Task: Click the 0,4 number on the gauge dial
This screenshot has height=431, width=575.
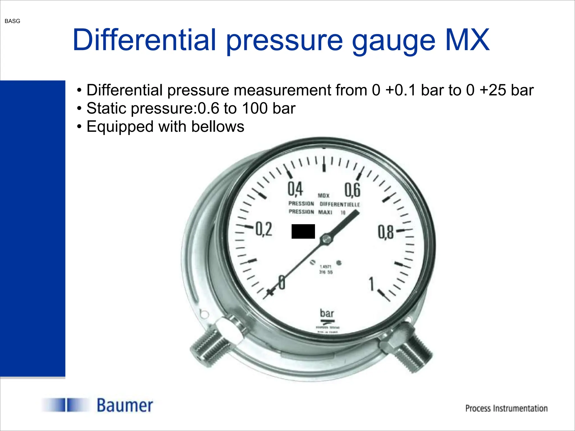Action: pyautogui.click(x=295, y=189)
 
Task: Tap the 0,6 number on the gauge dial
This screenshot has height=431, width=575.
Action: pyautogui.click(x=352, y=190)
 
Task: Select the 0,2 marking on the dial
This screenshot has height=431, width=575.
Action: pyautogui.click(x=264, y=229)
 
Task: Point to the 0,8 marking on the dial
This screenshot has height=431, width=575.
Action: pyautogui.click(x=386, y=232)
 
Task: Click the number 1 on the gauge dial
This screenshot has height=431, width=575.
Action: pyautogui.click(x=372, y=284)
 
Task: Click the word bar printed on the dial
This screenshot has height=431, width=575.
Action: pyautogui.click(x=327, y=313)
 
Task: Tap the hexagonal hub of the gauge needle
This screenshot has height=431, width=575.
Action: pyautogui.click(x=326, y=239)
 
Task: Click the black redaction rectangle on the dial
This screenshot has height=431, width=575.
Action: pyautogui.click(x=303, y=231)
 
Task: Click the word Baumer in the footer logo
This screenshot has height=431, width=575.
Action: pyautogui.click(x=125, y=405)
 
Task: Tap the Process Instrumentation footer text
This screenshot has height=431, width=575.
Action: pyautogui.click(x=506, y=408)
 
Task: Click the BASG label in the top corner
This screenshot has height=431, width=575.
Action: pyautogui.click(x=12, y=21)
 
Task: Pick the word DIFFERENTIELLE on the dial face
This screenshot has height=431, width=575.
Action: pyautogui.click(x=340, y=204)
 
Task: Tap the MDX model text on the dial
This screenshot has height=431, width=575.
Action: pyautogui.click(x=323, y=195)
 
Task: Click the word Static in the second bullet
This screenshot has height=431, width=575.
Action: pyautogui.click(x=106, y=108)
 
